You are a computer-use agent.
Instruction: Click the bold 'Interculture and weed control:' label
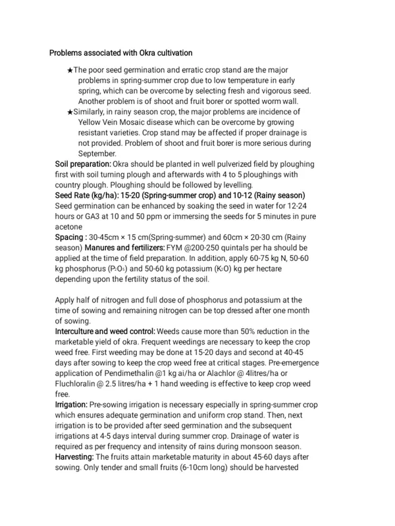[x=105, y=331]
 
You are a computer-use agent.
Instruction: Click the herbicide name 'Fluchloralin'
[x=78, y=384]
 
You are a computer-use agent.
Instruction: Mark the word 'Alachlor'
[x=239, y=373]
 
